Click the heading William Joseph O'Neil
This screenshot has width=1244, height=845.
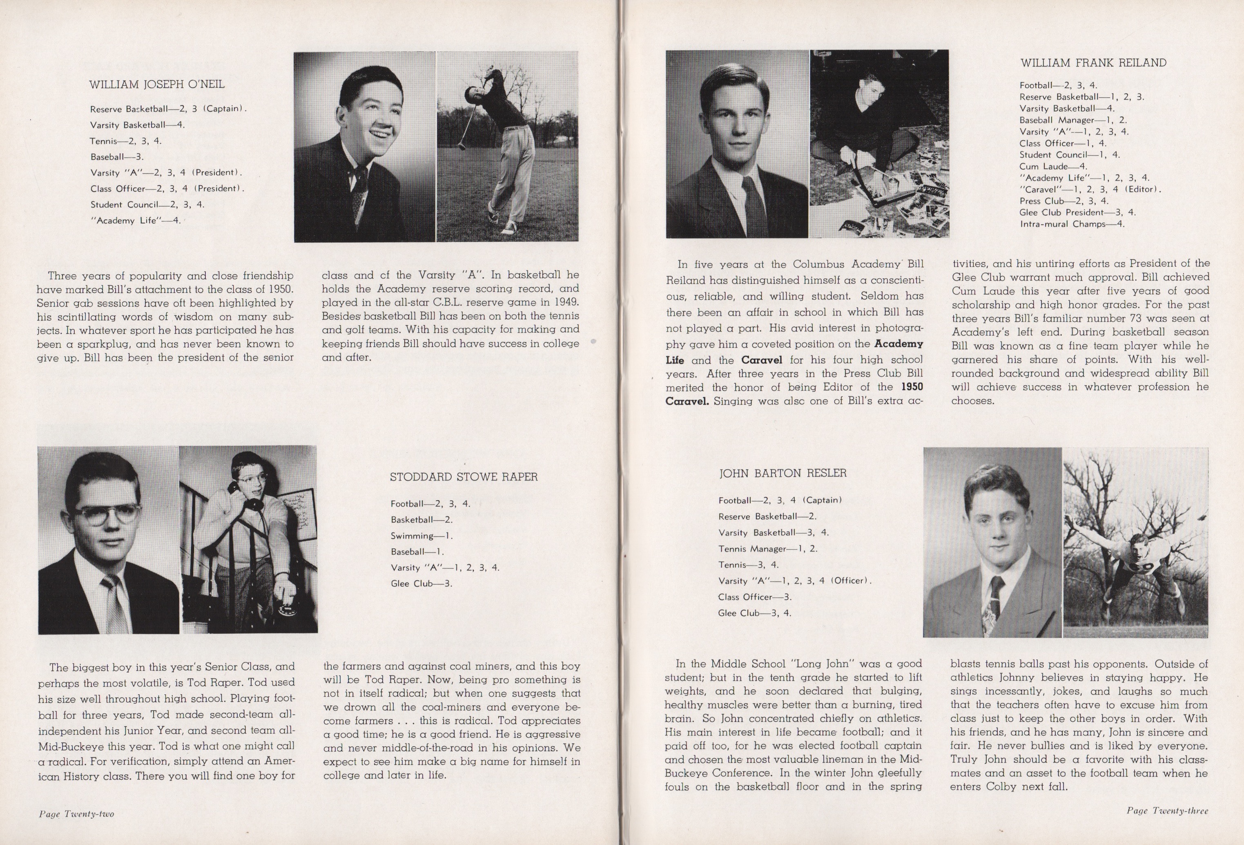click(156, 85)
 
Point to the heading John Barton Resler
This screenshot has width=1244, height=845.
click(783, 473)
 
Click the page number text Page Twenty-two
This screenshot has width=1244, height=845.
click(76, 814)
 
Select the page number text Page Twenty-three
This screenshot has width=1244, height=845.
click(1167, 811)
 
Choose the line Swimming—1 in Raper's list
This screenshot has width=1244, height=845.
click(421, 536)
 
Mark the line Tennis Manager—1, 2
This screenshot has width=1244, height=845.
click(768, 549)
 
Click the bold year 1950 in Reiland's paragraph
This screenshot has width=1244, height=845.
click(912, 387)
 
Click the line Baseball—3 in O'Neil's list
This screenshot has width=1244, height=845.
click(117, 157)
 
